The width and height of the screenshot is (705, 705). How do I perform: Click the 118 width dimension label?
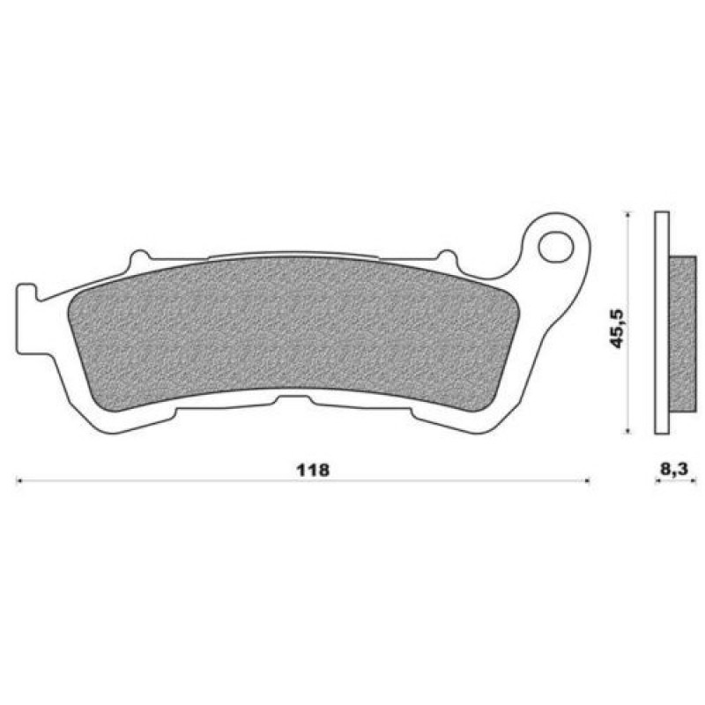coord(314,471)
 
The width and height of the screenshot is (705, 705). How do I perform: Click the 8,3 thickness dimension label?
coord(674,470)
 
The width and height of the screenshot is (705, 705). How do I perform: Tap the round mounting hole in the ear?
coord(557,247)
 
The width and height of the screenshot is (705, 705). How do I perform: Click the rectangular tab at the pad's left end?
coord(27,317)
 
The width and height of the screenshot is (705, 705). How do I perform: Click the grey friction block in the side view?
coord(682,334)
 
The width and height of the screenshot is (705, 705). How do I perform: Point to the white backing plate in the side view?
coord(662,323)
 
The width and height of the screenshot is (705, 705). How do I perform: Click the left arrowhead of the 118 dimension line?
coord(19,481)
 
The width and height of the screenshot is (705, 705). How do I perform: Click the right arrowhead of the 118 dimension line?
coord(586,481)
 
